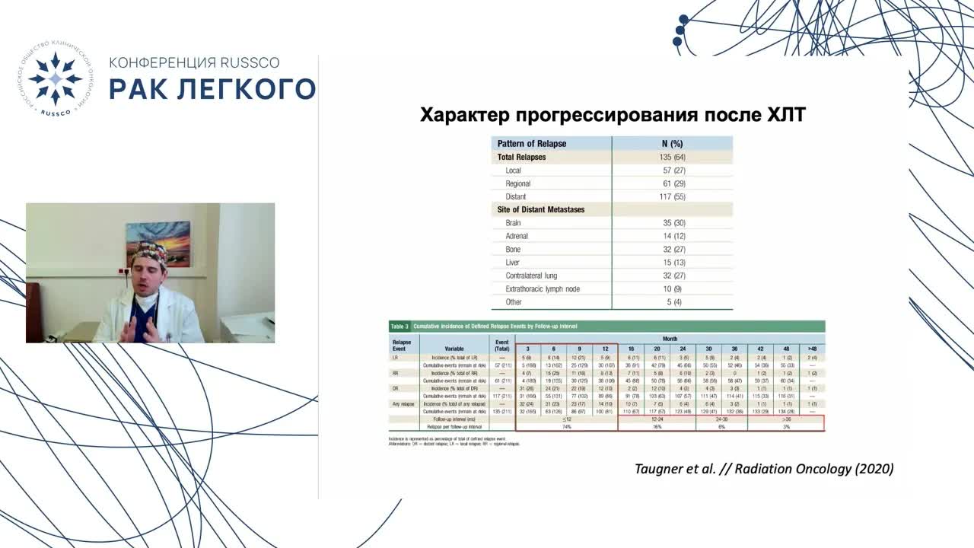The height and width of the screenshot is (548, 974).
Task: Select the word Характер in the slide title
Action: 465,115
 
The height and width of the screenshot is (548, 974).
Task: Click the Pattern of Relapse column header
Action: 531,143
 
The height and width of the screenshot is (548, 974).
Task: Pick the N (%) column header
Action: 672,143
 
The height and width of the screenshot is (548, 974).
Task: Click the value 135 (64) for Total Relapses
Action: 672,158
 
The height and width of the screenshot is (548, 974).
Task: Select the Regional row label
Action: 517,183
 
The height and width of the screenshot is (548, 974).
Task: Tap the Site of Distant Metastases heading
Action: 540,209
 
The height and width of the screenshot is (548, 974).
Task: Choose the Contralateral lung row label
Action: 536,276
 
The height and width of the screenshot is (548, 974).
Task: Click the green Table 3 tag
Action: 399,326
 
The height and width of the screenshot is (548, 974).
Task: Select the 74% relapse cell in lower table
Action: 566,428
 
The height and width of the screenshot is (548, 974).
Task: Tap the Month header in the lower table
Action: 670,337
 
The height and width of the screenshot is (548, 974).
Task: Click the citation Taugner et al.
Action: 675,469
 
